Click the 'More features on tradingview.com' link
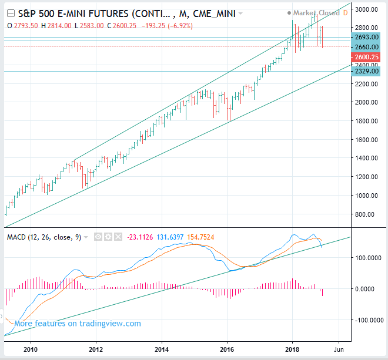(x=78, y=324)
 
